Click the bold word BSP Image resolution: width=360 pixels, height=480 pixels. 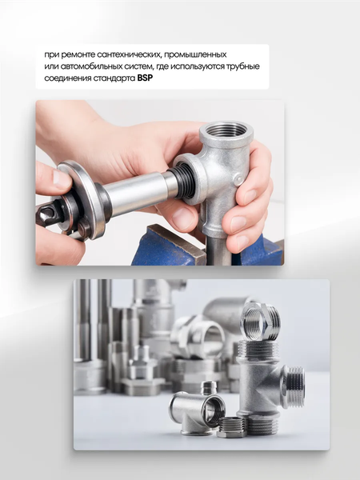pos(145,78)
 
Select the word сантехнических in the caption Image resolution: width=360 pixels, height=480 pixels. pos(129,54)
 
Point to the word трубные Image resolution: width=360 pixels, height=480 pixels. pos(243,66)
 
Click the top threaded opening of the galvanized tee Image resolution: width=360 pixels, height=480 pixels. pos(226,130)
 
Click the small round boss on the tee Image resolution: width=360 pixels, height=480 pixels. pos(238,179)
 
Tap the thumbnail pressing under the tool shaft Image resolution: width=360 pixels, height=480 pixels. pos(182,218)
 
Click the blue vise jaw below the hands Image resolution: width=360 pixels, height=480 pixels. pos(168,246)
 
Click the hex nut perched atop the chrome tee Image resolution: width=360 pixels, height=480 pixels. pos(261,322)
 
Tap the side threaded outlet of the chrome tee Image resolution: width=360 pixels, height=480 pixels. pos(294,386)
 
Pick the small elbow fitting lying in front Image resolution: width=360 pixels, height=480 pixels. pos(196,412)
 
